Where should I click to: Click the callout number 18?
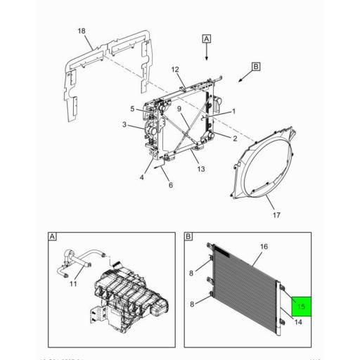(x=82, y=32)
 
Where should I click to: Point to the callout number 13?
(x=200, y=169)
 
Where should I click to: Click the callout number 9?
(x=131, y=108)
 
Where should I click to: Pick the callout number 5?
(x=170, y=185)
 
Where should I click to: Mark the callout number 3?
(x=124, y=125)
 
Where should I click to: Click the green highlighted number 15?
(x=300, y=307)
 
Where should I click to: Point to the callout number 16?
(x=264, y=247)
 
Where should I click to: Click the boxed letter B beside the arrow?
(x=255, y=67)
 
